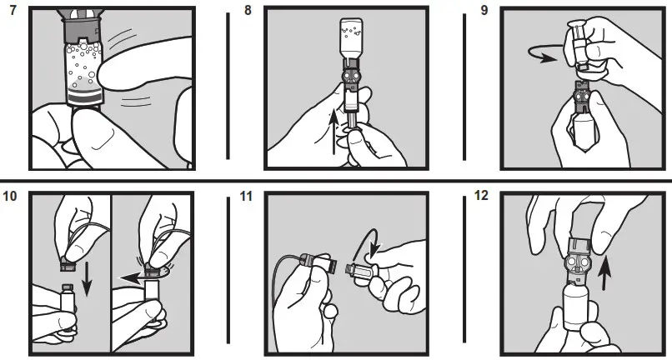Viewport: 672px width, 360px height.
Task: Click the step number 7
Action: tap(12, 14)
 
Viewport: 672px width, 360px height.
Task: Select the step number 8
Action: tap(246, 14)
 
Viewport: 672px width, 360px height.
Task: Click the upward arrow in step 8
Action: tap(336, 134)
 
